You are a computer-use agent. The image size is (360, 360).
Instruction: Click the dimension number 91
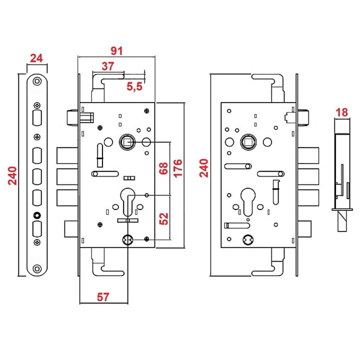[116, 50]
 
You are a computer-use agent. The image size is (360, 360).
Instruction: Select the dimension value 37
[107, 66]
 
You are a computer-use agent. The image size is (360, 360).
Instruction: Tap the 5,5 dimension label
[134, 86]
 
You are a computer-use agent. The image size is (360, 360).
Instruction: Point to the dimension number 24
[36, 58]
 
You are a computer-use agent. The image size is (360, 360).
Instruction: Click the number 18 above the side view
[341, 112]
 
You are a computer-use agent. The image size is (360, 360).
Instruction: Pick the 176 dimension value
[177, 168]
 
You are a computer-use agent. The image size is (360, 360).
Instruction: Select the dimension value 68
[163, 168]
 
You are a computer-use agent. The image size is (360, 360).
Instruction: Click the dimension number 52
[163, 218]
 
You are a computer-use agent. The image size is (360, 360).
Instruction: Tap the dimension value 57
[103, 297]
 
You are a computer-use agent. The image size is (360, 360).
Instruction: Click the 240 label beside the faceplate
[12, 175]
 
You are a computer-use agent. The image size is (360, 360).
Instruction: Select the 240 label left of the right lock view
[203, 168]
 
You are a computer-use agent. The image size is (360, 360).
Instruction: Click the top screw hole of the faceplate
[37, 81]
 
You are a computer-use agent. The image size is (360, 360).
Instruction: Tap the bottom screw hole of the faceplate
[37, 269]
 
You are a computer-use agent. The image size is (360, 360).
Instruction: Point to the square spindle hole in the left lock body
[127, 142]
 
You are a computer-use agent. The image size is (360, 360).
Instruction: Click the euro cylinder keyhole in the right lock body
[248, 202]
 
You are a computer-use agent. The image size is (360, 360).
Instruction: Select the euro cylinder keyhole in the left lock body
[127, 202]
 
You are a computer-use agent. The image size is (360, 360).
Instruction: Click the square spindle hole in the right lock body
[248, 142]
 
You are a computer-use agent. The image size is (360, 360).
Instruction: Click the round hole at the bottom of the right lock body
[248, 240]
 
